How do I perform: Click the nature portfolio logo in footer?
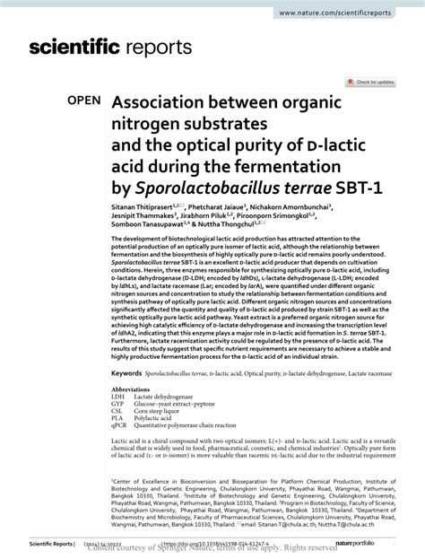point(376,543)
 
